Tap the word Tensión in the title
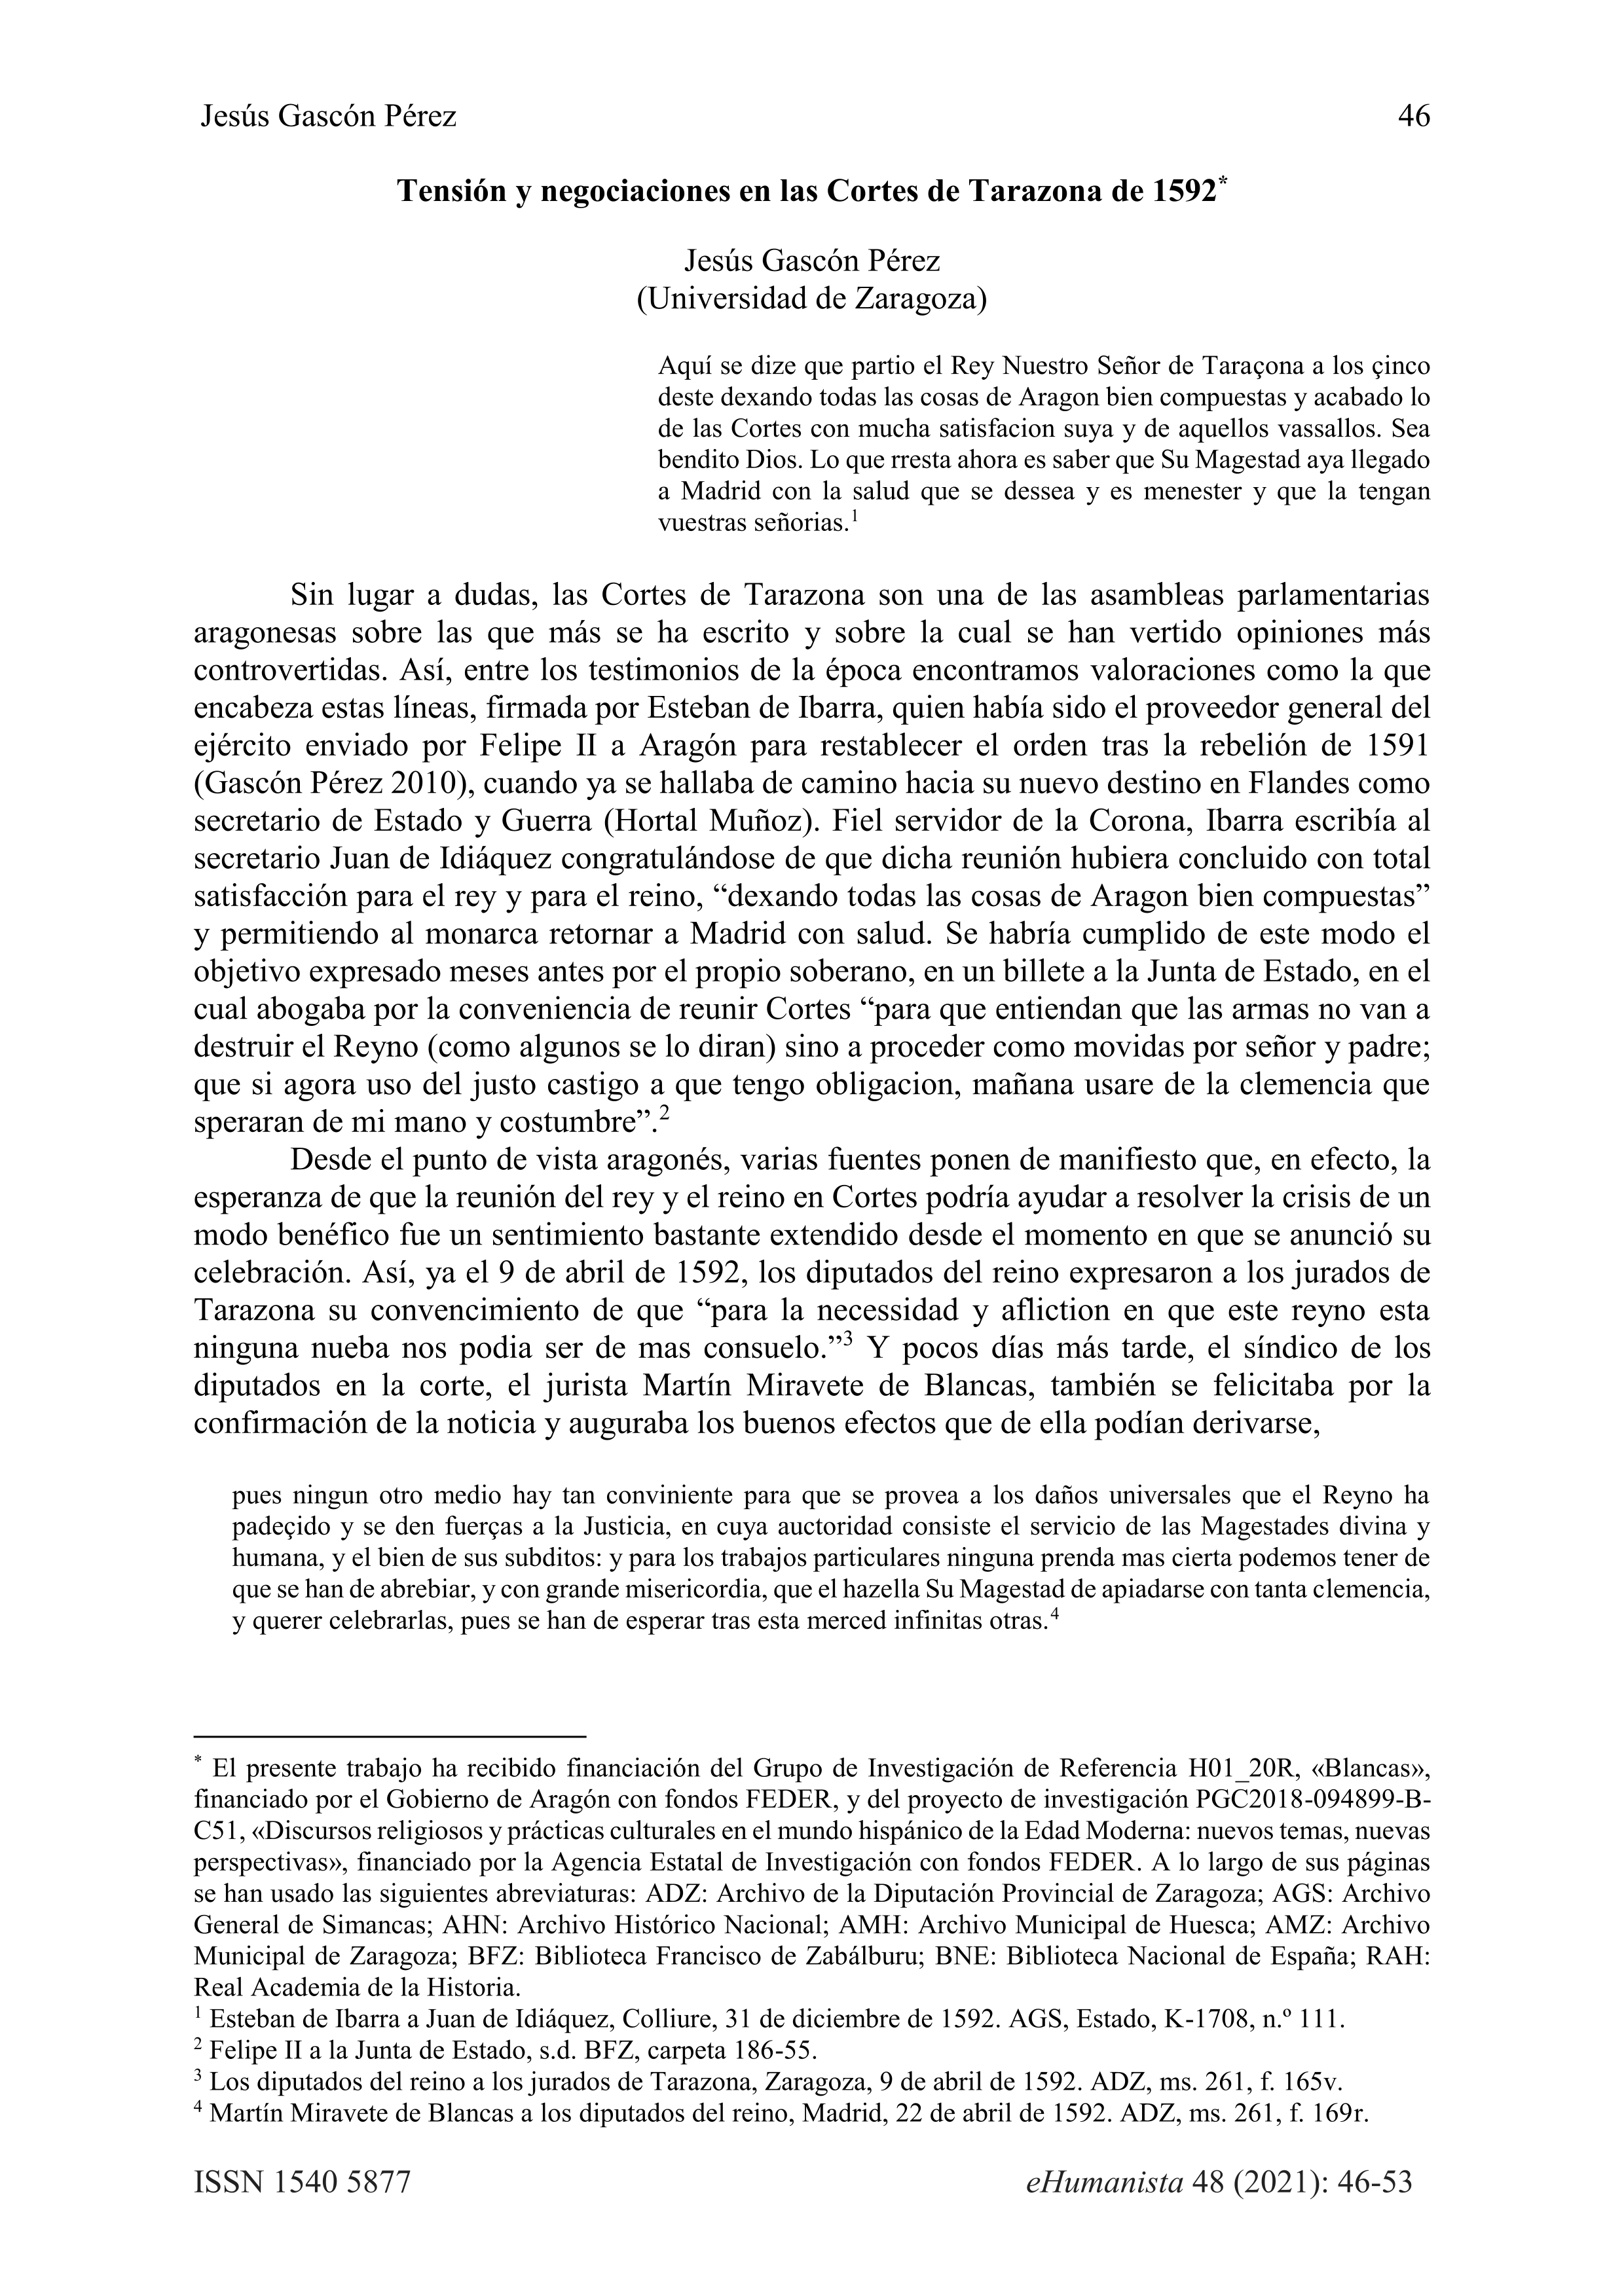pyautogui.click(x=452, y=191)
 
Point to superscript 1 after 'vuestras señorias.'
pyautogui.click(x=855, y=517)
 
